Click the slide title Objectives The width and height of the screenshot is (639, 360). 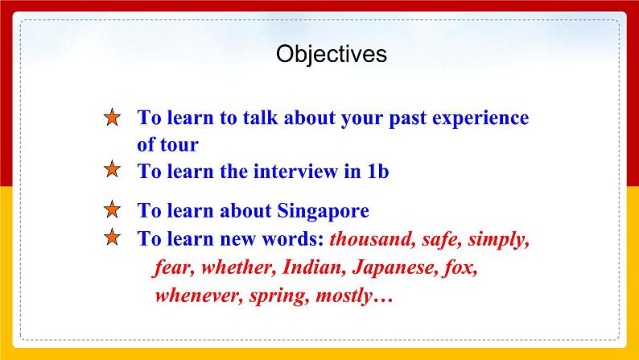click(x=331, y=54)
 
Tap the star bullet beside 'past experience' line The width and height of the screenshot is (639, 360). click(x=113, y=118)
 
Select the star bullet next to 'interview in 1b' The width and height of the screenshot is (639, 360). click(x=113, y=170)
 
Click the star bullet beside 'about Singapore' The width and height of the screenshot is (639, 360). click(x=113, y=211)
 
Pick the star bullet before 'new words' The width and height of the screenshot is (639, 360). click(x=113, y=238)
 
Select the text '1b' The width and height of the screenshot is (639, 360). click(x=378, y=171)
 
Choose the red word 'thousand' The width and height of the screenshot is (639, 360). click(x=369, y=239)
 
